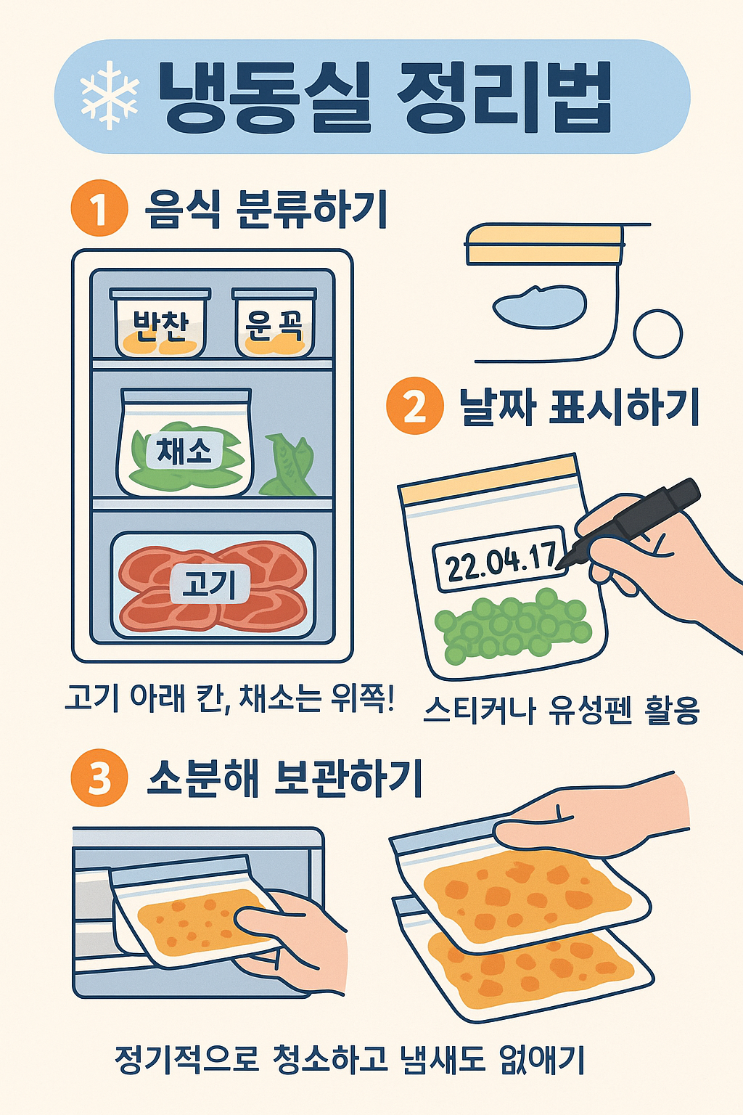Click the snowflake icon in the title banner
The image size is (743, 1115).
coord(109,96)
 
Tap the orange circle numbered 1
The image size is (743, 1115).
coord(99,208)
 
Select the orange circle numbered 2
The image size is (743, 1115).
coord(414,406)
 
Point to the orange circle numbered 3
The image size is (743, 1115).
coord(99,777)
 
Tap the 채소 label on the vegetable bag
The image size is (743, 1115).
coord(184,451)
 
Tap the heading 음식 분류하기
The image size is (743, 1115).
coord(266,209)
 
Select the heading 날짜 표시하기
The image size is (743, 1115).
coord(579,407)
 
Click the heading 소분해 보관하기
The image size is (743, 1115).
coord(284,778)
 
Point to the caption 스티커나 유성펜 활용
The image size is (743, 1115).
coord(561,709)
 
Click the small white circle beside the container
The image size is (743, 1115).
coord(657,334)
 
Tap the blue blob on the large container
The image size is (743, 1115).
coord(540,306)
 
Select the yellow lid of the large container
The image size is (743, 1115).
coord(544,244)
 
